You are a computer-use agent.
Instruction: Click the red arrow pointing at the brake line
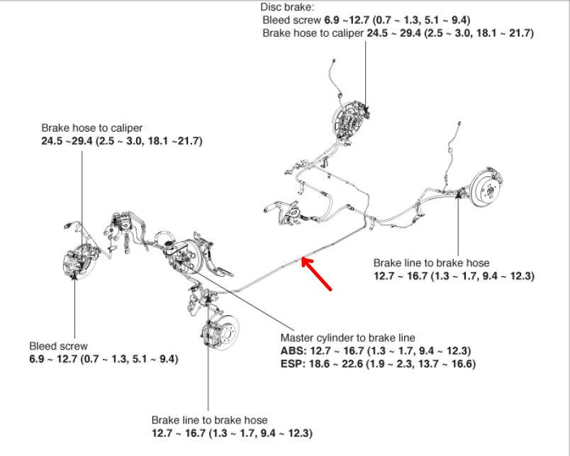point(317,274)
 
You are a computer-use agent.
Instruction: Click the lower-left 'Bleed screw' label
point(58,346)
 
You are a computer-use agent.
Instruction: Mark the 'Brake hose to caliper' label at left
point(91,128)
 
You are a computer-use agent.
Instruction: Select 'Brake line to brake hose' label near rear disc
point(431,263)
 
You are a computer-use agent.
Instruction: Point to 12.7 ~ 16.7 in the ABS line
point(338,351)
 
